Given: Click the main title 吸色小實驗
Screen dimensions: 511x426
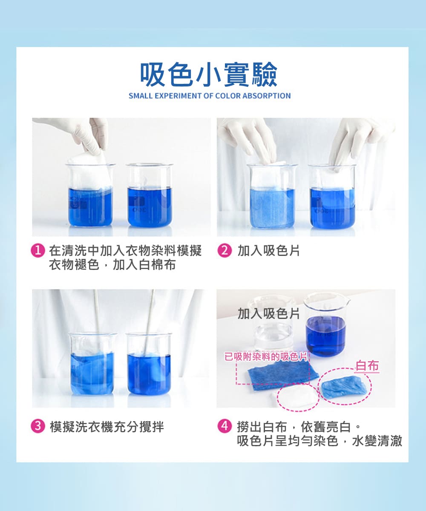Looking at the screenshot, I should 209,75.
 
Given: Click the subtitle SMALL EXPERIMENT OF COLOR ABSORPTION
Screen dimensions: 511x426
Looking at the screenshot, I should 210,96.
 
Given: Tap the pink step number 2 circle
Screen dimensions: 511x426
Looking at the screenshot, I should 223,251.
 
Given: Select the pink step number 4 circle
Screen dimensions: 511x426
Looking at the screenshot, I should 223,426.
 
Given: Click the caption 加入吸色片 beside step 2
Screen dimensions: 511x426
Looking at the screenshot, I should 268,251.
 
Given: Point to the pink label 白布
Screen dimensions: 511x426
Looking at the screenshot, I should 367,365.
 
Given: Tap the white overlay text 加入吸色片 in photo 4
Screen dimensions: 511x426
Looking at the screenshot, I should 268,314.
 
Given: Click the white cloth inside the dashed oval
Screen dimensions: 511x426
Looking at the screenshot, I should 296,396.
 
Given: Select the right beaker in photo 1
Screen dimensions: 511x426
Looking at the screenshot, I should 150,200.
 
